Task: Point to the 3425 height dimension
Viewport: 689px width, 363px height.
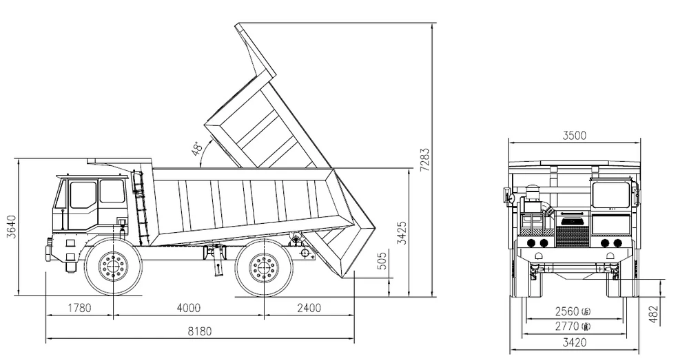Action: pyautogui.click(x=402, y=234)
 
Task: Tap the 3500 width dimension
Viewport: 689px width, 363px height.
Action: pyautogui.click(x=573, y=136)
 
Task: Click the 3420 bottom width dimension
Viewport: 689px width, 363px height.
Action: pyautogui.click(x=573, y=341)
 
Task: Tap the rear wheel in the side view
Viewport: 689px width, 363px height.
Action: pyautogui.click(x=262, y=265)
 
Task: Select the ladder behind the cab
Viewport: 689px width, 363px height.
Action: pyautogui.click(x=140, y=207)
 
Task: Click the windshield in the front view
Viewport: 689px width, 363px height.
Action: pyautogui.click(x=610, y=196)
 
